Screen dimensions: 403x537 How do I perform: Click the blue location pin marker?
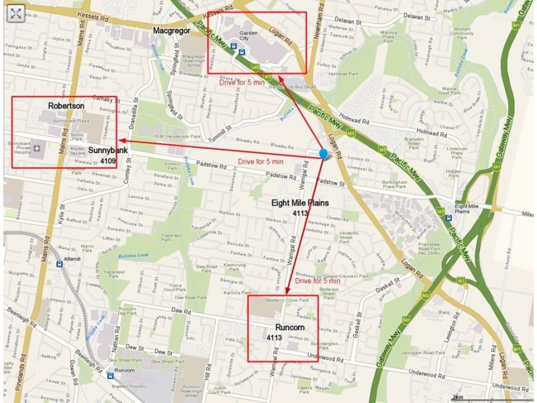(324, 154)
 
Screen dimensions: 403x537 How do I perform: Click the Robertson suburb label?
(66, 106)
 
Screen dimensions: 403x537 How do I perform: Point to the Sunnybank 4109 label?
(107, 157)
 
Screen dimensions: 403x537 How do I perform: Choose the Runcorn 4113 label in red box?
(283, 332)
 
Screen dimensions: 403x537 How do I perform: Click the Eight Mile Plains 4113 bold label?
(299, 208)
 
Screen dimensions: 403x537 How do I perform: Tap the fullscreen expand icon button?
(15, 13)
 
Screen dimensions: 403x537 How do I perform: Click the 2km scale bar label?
(457, 397)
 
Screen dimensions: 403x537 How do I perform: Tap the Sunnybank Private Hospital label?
(19, 148)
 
